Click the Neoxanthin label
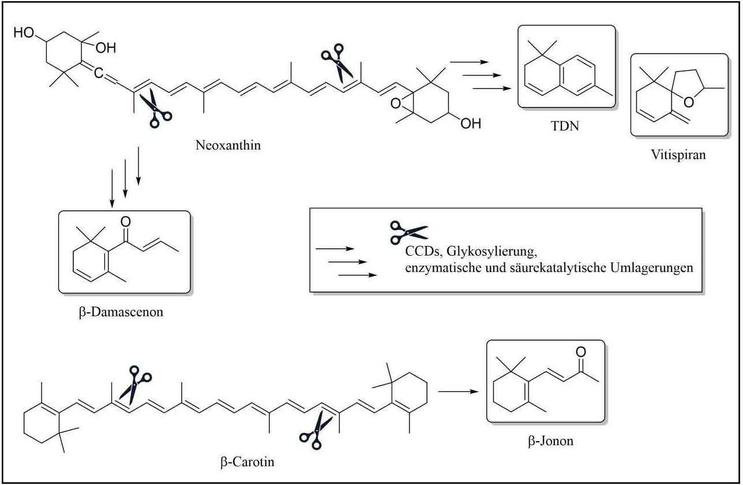pyautogui.click(x=227, y=145)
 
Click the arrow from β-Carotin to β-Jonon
pyautogui.click(x=459, y=391)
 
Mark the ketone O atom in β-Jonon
pyautogui.click(x=581, y=352)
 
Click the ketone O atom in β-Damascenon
pyautogui.click(x=126, y=221)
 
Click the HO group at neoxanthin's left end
pyautogui.click(x=24, y=34)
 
